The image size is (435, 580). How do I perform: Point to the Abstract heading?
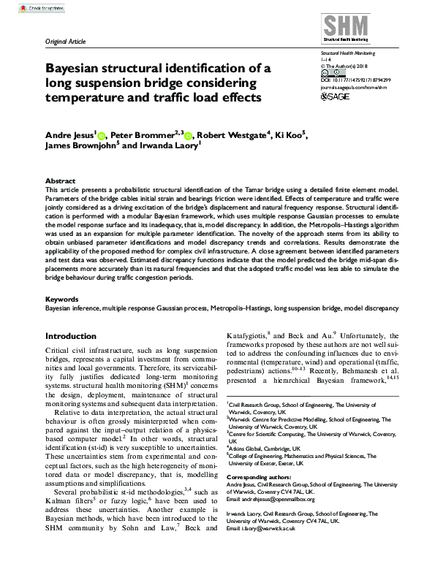point(60,180)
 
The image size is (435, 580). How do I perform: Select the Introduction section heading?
point(75,337)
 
